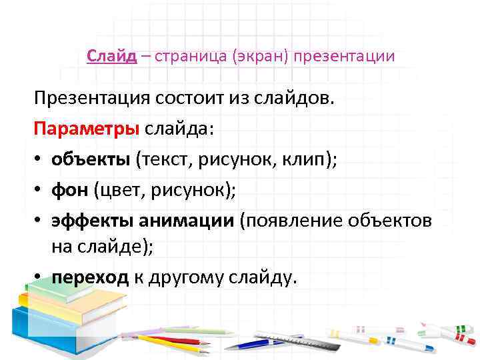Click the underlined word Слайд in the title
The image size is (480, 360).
[x=111, y=56]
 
